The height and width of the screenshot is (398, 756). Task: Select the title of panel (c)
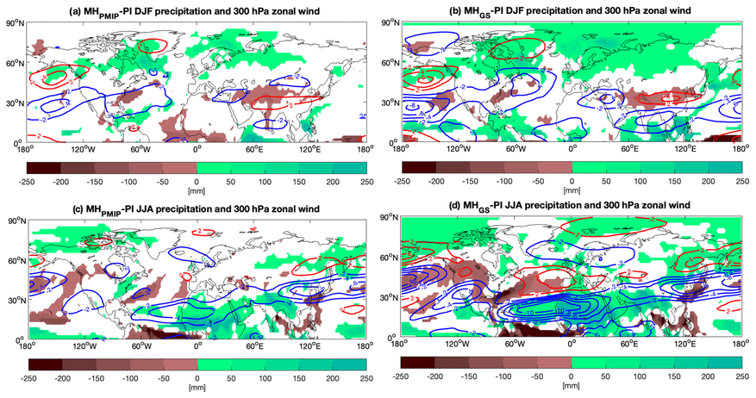(x=196, y=207)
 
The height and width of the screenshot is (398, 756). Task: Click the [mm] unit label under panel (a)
(x=197, y=190)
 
